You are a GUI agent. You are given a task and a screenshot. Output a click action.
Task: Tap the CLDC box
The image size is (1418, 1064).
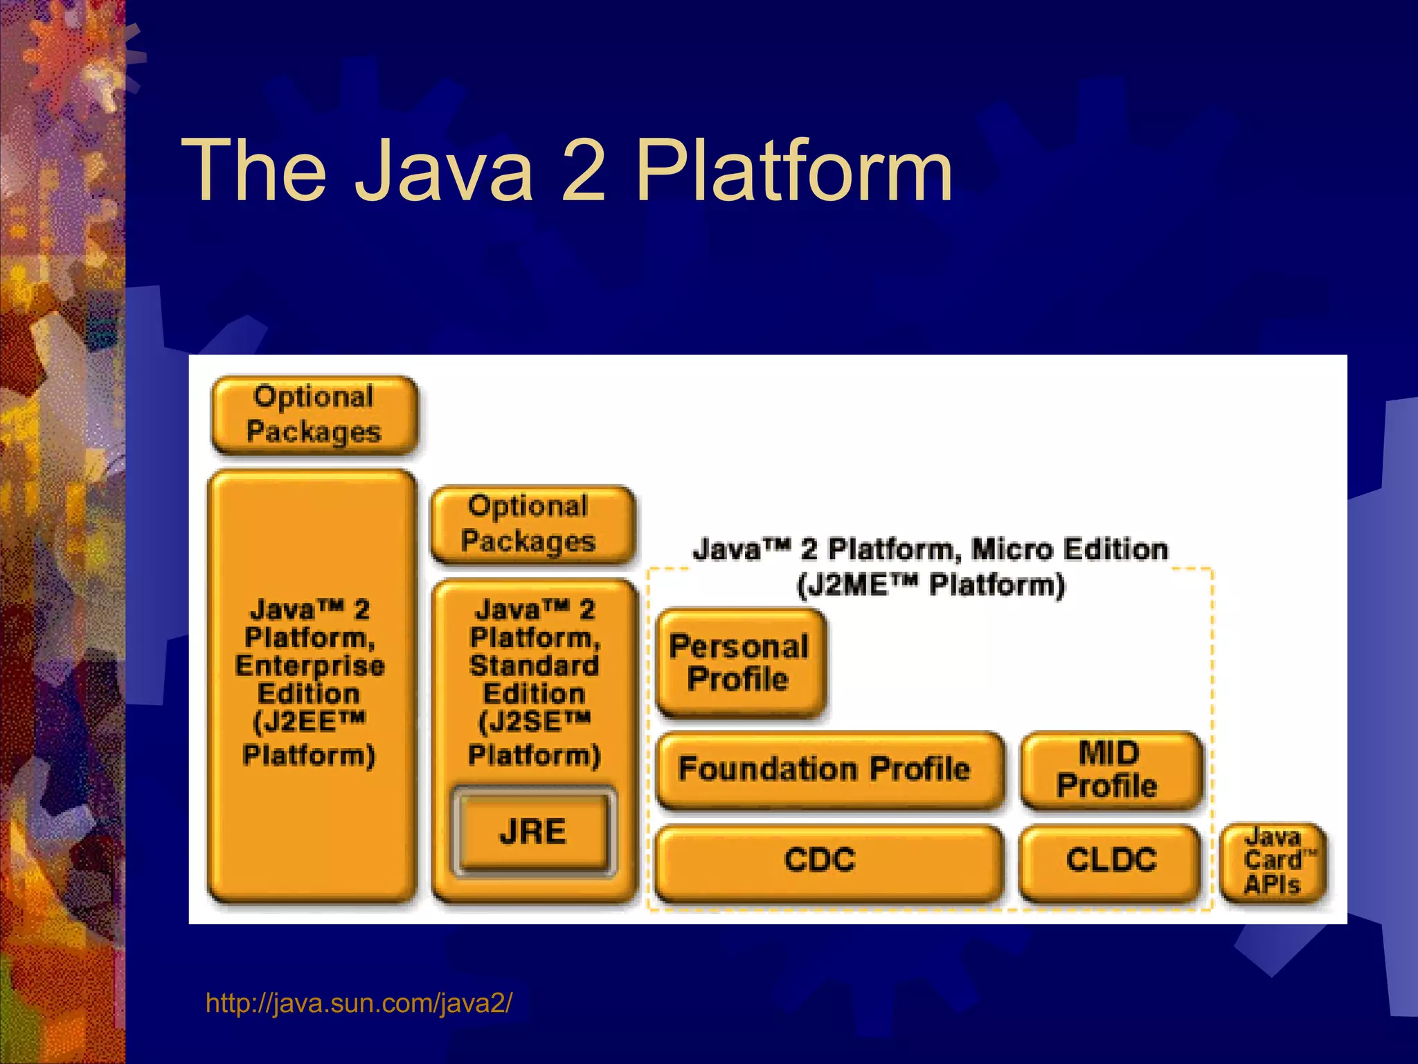[1111, 860]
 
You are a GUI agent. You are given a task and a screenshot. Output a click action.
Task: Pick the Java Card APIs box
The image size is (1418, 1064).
[1273, 861]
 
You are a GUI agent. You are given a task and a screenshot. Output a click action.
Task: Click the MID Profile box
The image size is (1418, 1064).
[1111, 769]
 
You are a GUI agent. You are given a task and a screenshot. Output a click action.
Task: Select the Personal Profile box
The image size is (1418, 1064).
[740, 663]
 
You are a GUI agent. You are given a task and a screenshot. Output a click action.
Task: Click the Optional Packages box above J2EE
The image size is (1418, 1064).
[314, 414]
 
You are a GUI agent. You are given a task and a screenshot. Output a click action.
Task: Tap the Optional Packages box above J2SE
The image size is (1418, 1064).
[530, 524]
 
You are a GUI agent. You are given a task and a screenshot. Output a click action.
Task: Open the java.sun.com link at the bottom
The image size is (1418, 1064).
[359, 1003]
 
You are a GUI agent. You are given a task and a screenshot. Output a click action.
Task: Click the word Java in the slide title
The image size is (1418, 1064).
[444, 170]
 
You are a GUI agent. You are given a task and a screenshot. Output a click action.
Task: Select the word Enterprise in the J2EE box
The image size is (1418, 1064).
[309, 666]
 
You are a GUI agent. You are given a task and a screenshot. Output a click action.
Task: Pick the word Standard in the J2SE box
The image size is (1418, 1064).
[534, 666]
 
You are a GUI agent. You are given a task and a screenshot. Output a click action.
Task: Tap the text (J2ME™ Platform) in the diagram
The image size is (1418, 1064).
[930, 585]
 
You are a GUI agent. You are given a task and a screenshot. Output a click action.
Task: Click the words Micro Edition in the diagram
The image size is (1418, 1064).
[1070, 549]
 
